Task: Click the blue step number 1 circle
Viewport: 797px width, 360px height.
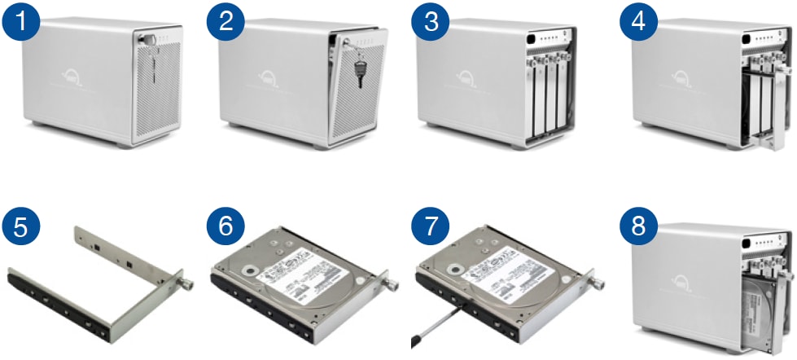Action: pos(28,23)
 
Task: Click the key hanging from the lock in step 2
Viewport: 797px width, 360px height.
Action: pos(358,73)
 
